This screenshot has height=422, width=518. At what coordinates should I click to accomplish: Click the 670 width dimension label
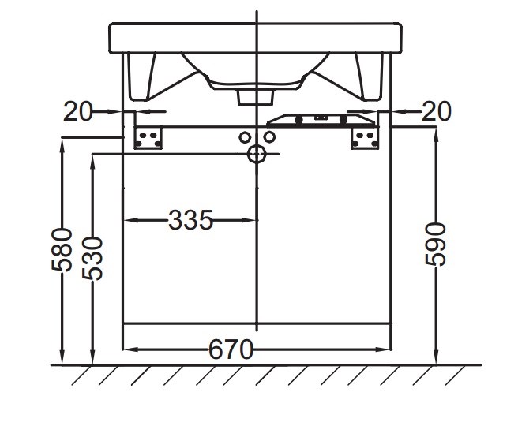tap(231, 349)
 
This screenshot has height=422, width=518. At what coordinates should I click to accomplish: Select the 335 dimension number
tap(190, 220)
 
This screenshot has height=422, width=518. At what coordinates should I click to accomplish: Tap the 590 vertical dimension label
tap(435, 245)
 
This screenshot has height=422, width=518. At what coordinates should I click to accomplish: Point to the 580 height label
tap(62, 250)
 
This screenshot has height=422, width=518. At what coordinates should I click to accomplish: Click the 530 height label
tap(93, 259)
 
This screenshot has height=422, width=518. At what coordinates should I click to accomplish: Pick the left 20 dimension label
tap(78, 111)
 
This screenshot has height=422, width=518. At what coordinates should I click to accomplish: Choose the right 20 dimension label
tap(436, 111)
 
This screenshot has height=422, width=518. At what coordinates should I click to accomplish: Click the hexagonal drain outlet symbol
tap(257, 154)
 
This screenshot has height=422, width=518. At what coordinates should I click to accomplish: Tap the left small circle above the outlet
tap(245, 137)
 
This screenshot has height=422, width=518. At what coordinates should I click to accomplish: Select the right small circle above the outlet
tap(269, 136)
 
